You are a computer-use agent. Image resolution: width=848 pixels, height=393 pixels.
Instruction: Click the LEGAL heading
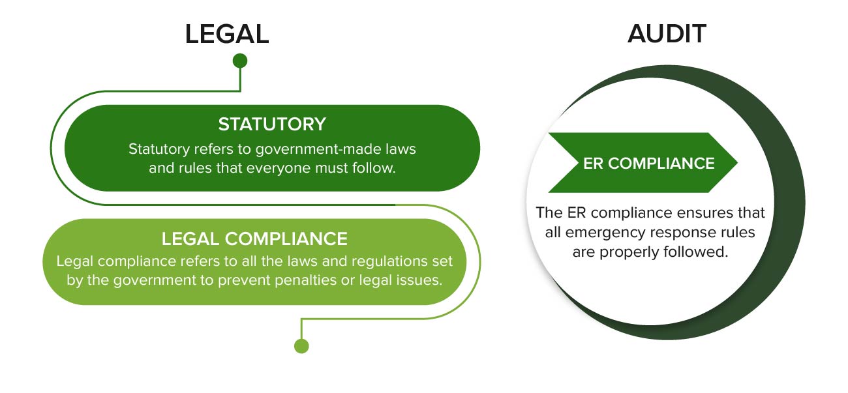pyautogui.click(x=226, y=34)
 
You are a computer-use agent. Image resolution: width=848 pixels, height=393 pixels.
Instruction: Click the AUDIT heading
pyautogui.click(x=667, y=34)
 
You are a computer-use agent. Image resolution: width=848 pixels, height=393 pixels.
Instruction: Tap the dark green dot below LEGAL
pyautogui.click(x=240, y=61)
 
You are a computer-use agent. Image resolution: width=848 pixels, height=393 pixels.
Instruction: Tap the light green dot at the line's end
pyautogui.click(x=301, y=345)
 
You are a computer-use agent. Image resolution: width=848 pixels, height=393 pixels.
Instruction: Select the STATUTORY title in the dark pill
pyautogui.click(x=272, y=124)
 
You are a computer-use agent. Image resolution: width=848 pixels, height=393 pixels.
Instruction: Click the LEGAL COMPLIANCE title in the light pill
pyautogui.click(x=254, y=239)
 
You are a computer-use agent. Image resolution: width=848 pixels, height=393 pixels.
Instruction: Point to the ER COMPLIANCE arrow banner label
pyautogui.click(x=648, y=163)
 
